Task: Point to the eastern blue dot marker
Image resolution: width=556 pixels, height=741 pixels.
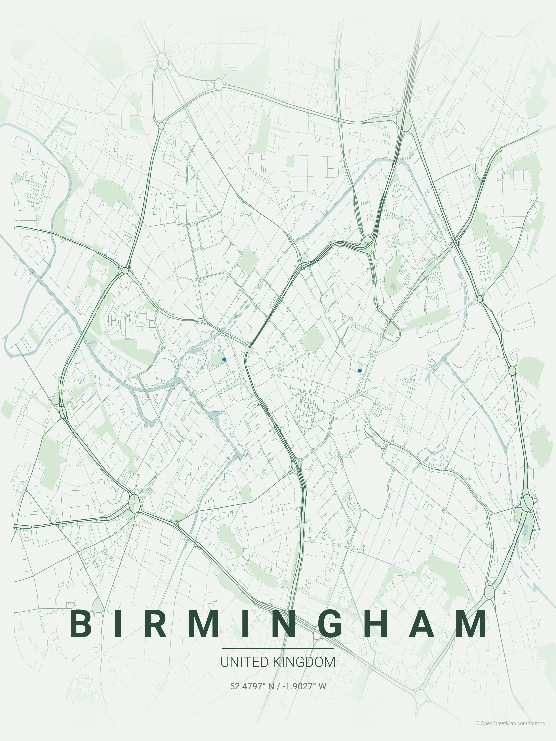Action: pos(360,371)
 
